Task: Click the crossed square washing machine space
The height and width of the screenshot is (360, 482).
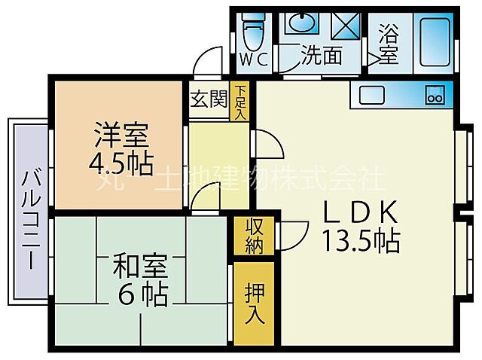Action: click(x=346, y=26)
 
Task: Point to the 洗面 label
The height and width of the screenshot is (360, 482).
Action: click(x=322, y=55)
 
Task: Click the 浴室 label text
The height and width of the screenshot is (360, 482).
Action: click(x=388, y=44)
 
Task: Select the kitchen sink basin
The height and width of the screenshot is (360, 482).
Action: click(x=372, y=94)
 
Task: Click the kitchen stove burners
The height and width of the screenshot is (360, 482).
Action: click(x=436, y=95)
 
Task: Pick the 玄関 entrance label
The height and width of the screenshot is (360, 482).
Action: click(x=208, y=99)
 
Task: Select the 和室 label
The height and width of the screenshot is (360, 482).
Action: click(x=140, y=267)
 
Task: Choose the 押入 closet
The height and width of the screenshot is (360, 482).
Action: click(x=255, y=302)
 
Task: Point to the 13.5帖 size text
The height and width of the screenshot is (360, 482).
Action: click(x=361, y=242)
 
